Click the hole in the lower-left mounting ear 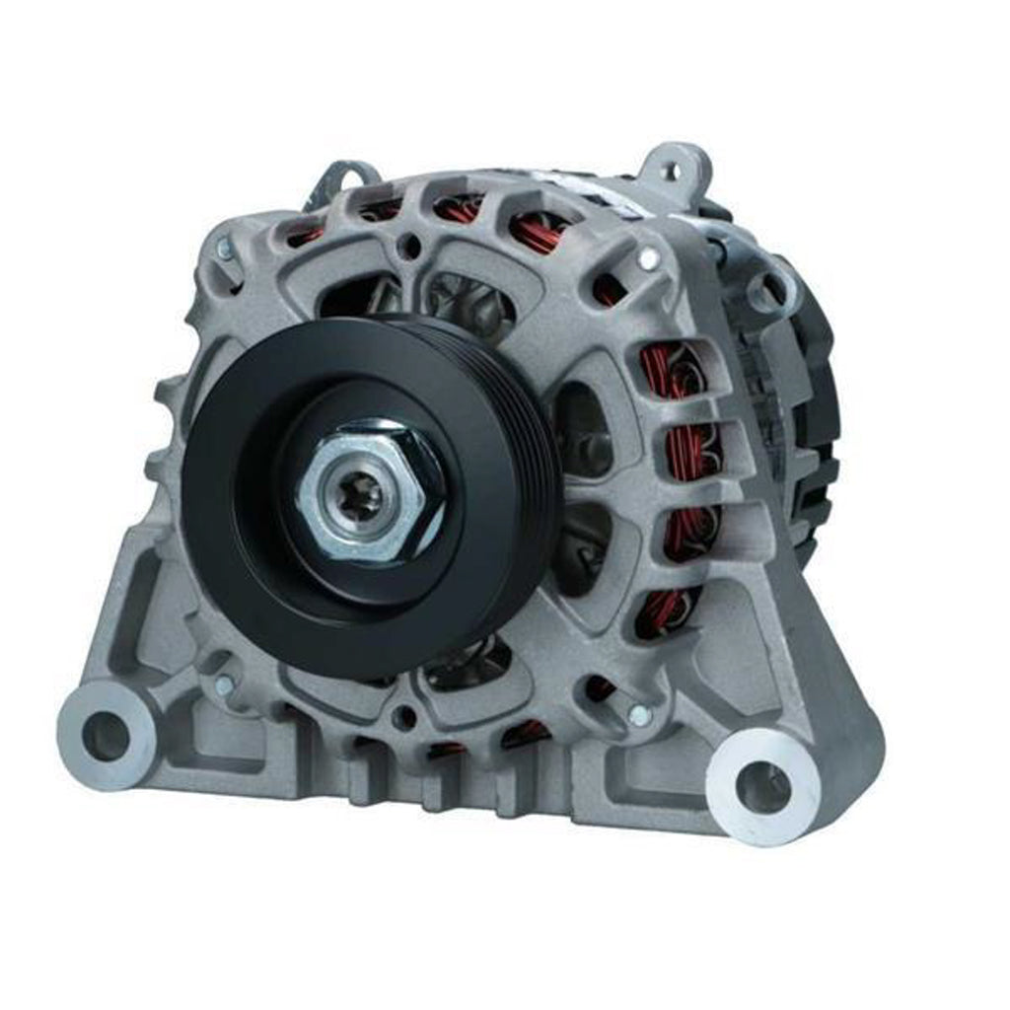[105, 735]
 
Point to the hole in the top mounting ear [675, 170]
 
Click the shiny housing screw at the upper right [648, 259]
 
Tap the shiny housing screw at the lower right [639, 716]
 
